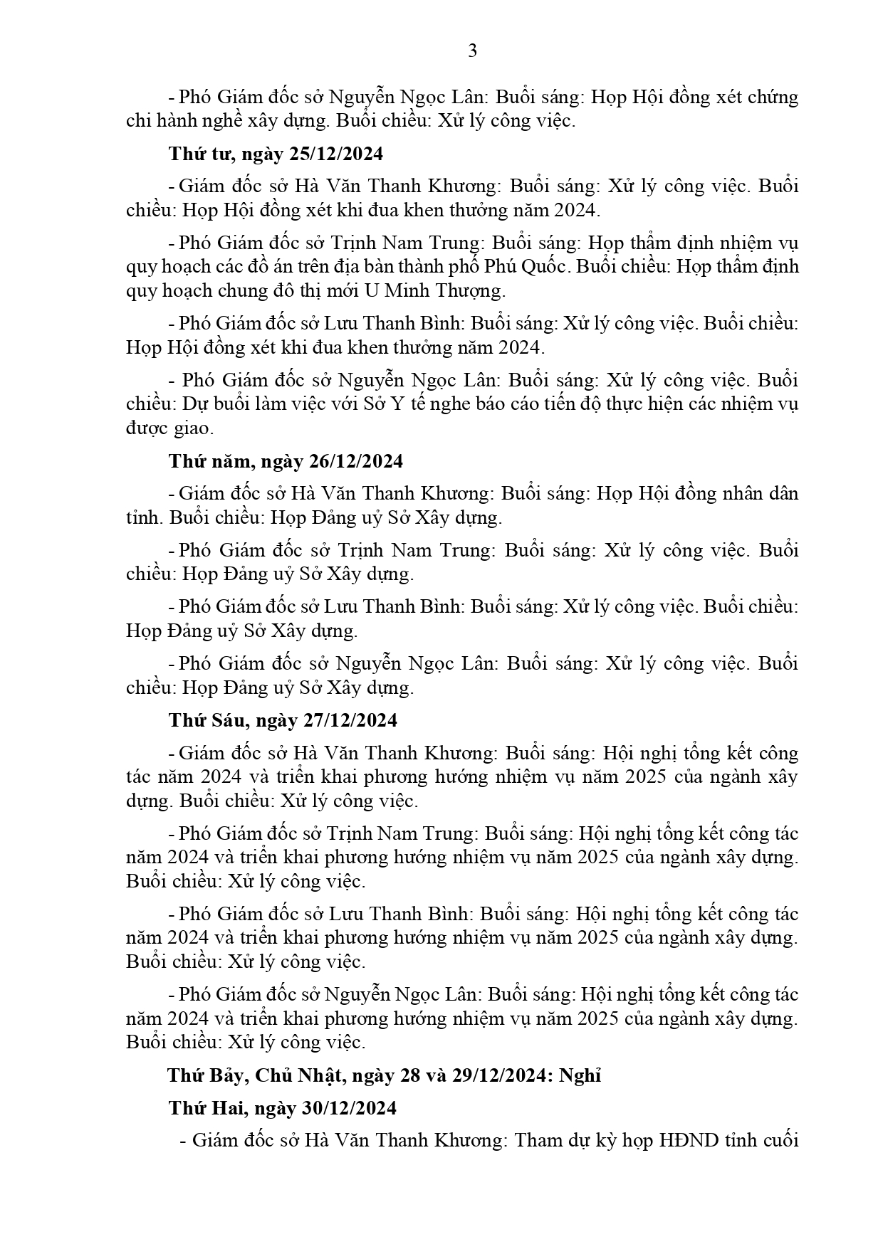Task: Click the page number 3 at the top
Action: point(471,51)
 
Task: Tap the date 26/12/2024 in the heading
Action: point(356,461)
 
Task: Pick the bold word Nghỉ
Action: point(580,1075)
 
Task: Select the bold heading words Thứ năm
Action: point(207,461)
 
